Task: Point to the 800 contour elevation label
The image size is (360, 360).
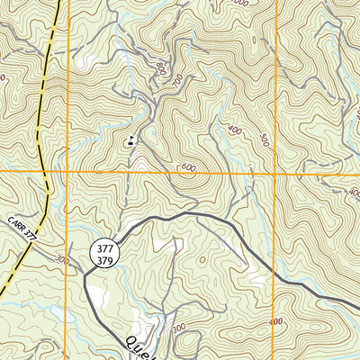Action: pos(161,67)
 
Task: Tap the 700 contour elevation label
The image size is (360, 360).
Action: pos(175,83)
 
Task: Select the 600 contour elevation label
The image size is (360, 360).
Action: pos(188,166)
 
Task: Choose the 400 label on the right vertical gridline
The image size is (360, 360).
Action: pos(354,193)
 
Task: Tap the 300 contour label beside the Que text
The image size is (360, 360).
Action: pos(177,328)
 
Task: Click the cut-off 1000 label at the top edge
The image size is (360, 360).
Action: pos(238,3)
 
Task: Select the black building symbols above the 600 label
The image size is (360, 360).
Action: pos(130,139)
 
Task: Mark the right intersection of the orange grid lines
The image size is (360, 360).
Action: pos(275,171)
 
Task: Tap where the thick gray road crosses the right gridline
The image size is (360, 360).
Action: pos(275,274)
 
